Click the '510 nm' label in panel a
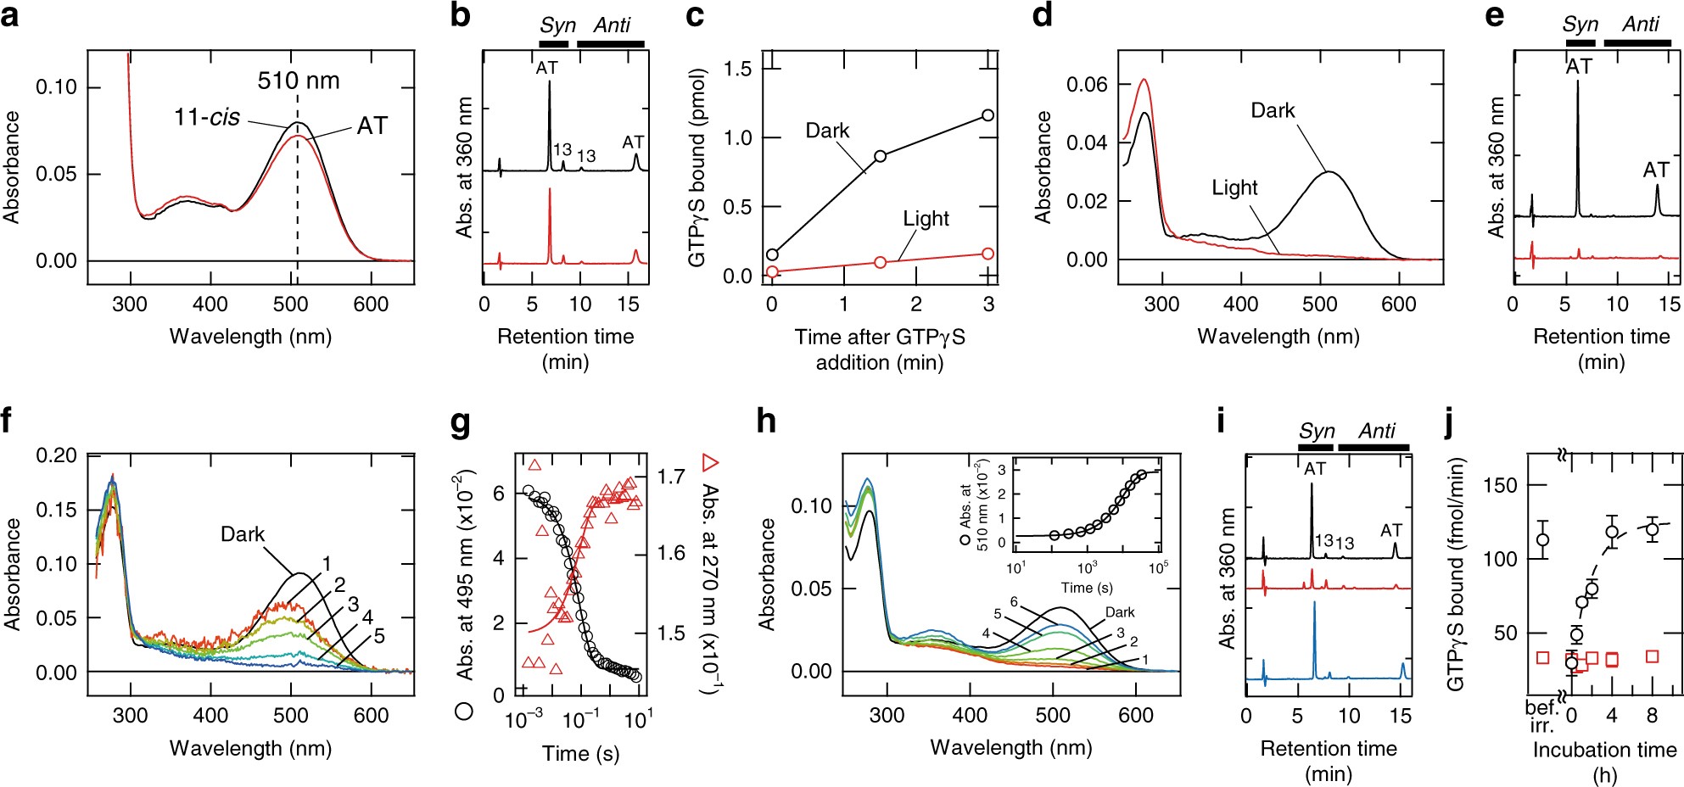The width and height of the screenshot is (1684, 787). pyautogui.click(x=299, y=81)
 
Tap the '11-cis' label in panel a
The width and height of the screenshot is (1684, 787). pyautogui.click(x=207, y=117)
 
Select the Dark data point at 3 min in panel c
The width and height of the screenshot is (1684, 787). pyautogui.click(x=987, y=115)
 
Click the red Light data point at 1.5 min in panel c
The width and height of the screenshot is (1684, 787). pyautogui.click(x=880, y=262)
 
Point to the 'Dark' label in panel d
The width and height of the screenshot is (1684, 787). pyautogui.click(x=1273, y=110)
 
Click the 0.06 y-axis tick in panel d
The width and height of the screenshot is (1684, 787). pyautogui.click(x=1087, y=84)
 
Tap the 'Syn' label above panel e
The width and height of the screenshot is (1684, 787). pyautogui.click(x=1580, y=25)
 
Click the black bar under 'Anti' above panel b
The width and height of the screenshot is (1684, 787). pyautogui.click(x=610, y=43)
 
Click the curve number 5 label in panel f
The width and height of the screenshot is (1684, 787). pyautogui.click(x=379, y=636)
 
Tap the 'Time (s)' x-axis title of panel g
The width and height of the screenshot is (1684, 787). pyautogui.click(x=580, y=753)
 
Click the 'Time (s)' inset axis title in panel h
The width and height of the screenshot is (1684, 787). pyautogui.click(x=1086, y=587)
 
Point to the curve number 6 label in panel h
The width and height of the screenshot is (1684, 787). pyautogui.click(x=1014, y=601)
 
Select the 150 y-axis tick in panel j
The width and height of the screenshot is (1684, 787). pyautogui.click(x=1501, y=484)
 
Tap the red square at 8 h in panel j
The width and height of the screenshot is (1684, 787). pyautogui.click(x=1652, y=656)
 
